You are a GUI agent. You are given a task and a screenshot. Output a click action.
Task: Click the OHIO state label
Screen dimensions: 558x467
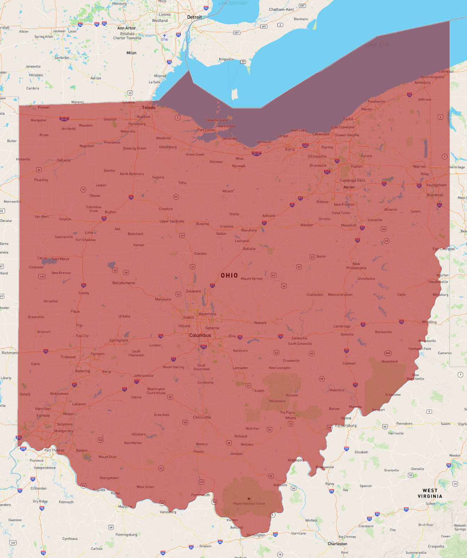point(229,275)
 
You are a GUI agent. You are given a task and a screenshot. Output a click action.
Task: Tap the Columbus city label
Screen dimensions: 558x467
point(200,335)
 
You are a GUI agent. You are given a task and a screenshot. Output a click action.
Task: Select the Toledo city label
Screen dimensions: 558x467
point(149,107)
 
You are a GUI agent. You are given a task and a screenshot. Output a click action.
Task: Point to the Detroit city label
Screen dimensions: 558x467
point(194,17)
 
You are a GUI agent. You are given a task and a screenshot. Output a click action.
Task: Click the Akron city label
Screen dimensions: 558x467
point(349,187)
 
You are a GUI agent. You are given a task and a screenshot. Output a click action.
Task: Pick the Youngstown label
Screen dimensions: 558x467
point(436,185)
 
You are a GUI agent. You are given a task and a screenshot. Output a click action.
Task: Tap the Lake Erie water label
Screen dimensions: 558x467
point(377,44)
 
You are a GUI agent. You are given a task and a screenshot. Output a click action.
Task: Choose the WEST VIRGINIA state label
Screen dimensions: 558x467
point(430,493)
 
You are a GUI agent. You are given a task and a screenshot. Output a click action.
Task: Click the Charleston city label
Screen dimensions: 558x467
point(337,543)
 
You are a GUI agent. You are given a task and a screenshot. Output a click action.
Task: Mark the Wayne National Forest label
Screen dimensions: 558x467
point(249,503)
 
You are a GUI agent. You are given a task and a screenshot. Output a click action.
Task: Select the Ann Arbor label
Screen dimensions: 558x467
point(127,28)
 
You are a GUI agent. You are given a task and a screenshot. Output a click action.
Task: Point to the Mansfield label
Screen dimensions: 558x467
point(249,230)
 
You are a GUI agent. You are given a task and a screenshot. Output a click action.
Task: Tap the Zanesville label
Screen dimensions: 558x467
point(299,338)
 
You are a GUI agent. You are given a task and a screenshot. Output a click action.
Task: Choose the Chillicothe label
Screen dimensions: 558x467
point(202,417)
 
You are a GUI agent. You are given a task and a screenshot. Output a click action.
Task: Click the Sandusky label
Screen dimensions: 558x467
point(230,138)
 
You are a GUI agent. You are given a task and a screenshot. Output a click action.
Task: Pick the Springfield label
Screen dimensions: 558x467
point(119,340)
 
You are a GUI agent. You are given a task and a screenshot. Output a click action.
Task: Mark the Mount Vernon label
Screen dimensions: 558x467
point(252,278)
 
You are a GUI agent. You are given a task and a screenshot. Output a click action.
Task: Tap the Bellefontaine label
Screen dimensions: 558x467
point(123,283)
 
